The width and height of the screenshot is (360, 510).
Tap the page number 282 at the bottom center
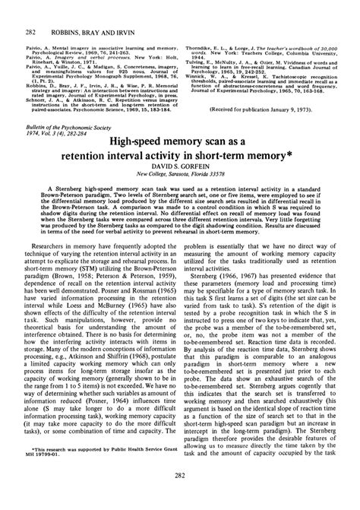coord(181,498)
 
